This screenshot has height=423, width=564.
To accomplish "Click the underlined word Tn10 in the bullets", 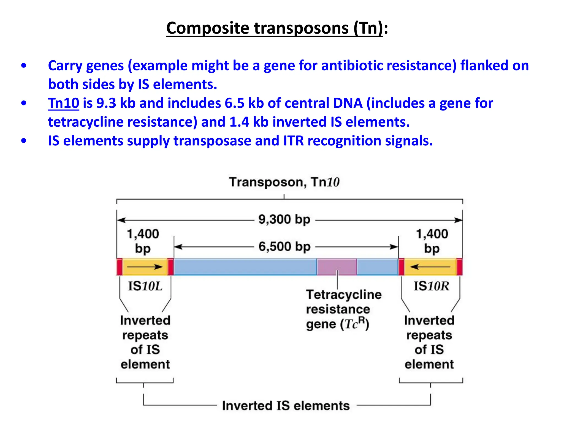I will click(x=64, y=103).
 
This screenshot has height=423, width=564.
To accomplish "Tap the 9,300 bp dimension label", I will click(x=284, y=220).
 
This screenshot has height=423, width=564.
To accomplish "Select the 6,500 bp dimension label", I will click(x=284, y=246).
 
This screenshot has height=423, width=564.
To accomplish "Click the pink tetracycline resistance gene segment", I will click(x=337, y=267).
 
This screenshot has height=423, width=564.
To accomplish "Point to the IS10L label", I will click(x=145, y=286).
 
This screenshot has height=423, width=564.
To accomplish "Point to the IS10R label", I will click(x=431, y=286).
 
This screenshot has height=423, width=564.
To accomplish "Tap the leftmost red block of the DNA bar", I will click(x=120, y=267).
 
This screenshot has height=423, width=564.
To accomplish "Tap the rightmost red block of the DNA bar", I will click(x=459, y=267).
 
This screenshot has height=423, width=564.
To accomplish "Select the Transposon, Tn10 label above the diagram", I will click(x=284, y=182).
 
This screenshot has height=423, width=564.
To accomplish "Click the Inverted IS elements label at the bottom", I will click(x=286, y=406).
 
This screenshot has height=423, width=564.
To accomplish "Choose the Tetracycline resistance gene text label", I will click(x=344, y=309).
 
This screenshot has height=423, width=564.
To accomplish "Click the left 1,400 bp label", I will click(x=143, y=241).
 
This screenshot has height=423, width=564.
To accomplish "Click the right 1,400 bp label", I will click(x=432, y=241).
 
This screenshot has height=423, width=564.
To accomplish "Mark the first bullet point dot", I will click(x=24, y=66).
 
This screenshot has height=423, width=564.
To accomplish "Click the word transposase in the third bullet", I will click(x=212, y=141).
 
